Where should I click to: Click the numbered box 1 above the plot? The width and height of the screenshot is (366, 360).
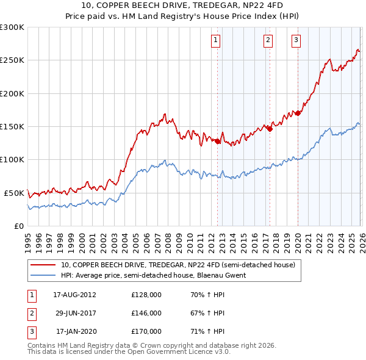point(217,41)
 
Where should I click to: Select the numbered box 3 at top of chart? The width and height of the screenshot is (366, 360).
point(296,41)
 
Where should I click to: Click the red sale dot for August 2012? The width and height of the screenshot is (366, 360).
point(217,141)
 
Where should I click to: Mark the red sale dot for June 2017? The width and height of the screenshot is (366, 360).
point(270,129)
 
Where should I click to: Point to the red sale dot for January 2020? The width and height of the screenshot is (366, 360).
point(298,113)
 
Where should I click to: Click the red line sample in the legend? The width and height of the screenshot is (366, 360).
point(43,265)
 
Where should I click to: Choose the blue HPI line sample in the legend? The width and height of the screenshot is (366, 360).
point(43,275)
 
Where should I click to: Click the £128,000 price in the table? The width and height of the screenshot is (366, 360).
point(146,294)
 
